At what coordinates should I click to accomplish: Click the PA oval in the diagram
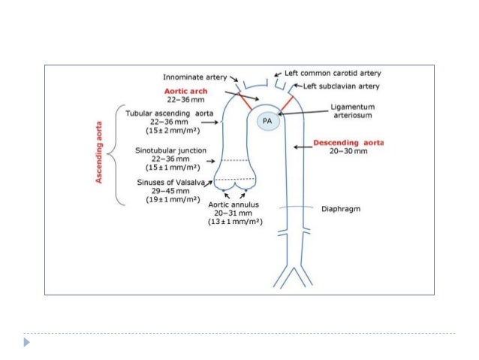[x=267, y=120]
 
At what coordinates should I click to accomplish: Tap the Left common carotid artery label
[x=332, y=74]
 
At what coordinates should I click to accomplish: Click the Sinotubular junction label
[x=172, y=150]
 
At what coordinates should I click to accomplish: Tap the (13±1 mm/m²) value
[x=235, y=223]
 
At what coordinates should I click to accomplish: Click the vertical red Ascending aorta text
[x=99, y=154]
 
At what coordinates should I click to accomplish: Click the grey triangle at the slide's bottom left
[x=29, y=342]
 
